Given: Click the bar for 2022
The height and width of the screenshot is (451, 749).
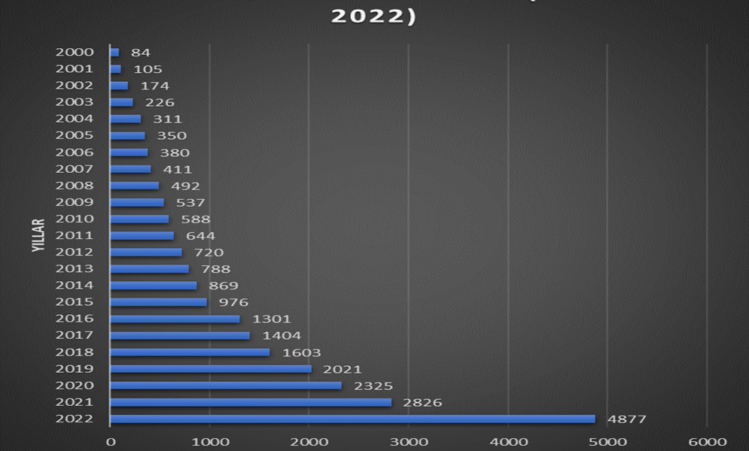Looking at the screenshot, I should [352, 419].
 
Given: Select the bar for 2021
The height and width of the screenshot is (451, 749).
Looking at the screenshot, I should [251, 402].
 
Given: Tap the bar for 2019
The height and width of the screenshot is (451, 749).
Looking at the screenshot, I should [211, 368].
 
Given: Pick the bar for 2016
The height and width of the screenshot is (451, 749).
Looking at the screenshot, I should [175, 319].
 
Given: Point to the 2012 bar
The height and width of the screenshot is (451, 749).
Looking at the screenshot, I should [146, 252].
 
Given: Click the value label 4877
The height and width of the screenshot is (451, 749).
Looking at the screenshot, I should [626, 419].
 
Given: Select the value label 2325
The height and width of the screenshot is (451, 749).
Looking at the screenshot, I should [373, 386].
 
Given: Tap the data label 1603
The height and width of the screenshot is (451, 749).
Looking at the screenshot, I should [301, 353].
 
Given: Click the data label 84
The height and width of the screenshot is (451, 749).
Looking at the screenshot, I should [141, 53].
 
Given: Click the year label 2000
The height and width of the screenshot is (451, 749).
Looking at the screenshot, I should [75, 53].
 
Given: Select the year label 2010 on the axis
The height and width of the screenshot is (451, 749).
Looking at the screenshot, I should [75, 219].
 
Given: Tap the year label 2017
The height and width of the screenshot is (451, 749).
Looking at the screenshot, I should [75, 335].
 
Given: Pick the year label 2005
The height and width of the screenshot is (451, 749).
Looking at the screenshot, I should [75, 135].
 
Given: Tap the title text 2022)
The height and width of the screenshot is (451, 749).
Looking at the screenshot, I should [374, 16].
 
